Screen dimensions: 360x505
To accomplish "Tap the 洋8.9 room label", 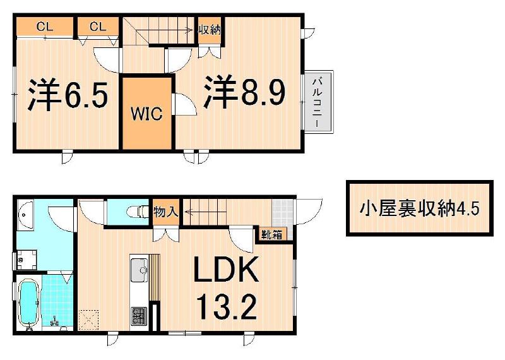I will pyautogui.click(x=244, y=93).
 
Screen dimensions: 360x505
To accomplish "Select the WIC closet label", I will pyautogui.click(x=146, y=114).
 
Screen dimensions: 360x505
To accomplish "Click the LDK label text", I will pyautogui.click(x=225, y=272).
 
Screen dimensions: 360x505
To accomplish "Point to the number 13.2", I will pyautogui.click(x=225, y=308).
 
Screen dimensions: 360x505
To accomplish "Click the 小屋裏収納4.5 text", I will pyautogui.click(x=419, y=208).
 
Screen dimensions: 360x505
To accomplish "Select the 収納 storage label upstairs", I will pyautogui.click(x=208, y=29).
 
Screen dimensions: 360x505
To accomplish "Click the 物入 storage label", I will pyautogui.click(x=166, y=213).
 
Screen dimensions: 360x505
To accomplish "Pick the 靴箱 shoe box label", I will pyautogui.click(x=272, y=234).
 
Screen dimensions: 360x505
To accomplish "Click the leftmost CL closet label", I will pyautogui.click(x=44, y=27).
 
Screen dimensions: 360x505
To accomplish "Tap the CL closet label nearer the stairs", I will pyautogui.click(x=97, y=27).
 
